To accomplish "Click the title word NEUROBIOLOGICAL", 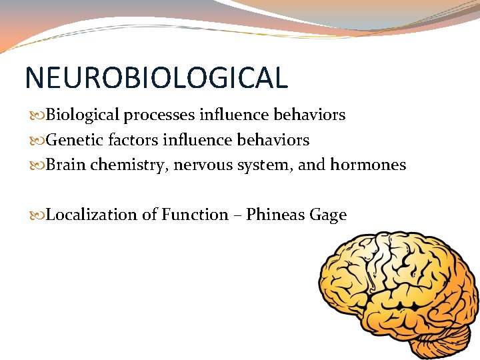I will coord(156,77).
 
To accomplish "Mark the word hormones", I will coord(368,165).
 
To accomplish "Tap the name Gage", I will coord(329,215).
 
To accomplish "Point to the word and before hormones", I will coord(311,165).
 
